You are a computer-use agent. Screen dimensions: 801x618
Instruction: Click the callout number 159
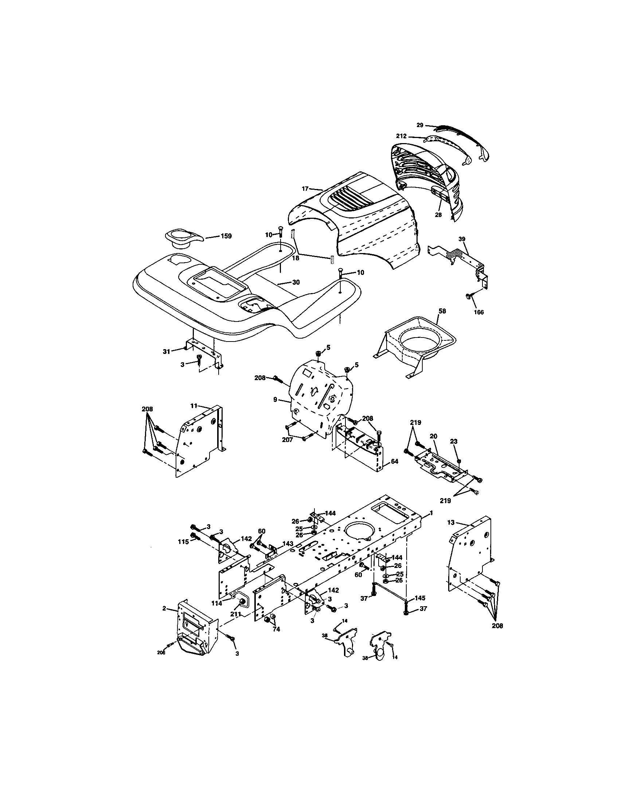(x=226, y=236)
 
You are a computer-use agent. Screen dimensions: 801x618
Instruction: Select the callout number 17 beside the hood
(x=305, y=189)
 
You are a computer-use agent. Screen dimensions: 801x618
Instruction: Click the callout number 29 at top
(x=420, y=125)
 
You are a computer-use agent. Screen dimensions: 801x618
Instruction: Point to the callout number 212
(x=401, y=136)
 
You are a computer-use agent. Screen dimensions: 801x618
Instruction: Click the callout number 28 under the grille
(x=438, y=215)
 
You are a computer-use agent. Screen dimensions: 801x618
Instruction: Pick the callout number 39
(x=462, y=239)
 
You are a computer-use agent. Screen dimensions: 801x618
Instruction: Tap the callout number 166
(x=478, y=312)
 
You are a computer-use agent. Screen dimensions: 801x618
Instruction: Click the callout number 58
(x=442, y=311)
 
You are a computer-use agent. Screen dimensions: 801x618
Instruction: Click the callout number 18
(x=296, y=258)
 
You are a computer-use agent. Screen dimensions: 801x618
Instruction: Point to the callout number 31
(x=167, y=351)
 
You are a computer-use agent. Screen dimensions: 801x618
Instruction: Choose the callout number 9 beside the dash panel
(x=275, y=400)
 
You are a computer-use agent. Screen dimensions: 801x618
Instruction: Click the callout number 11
(x=194, y=406)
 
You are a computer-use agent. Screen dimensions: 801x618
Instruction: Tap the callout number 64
(x=395, y=461)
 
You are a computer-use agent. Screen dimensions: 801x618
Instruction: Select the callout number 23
(x=454, y=442)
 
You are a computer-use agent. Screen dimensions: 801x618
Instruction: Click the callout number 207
(x=287, y=439)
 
